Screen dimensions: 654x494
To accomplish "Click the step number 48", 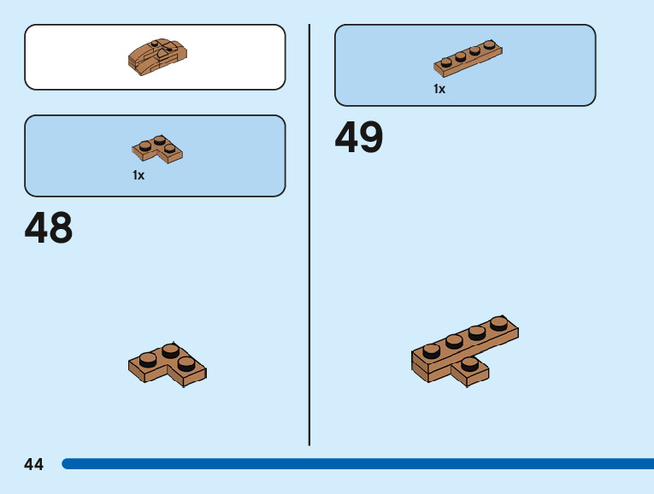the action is [49, 228].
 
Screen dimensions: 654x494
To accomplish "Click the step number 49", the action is [359, 137].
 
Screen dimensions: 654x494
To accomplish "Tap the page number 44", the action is [34, 464].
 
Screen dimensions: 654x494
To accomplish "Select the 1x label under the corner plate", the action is [138, 175].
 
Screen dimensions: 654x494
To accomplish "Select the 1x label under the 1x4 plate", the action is [439, 89].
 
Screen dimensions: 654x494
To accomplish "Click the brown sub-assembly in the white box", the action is [158, 56].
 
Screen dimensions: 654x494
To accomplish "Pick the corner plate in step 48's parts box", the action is [158, 149].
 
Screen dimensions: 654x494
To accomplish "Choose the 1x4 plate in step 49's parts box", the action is [468, 58].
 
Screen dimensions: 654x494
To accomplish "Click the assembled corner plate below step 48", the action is [168, 364].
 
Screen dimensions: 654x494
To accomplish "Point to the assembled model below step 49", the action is [464, 351].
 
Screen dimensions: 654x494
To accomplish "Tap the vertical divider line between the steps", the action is [309, 256].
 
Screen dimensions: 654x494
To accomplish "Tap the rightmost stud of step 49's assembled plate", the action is [499, 324].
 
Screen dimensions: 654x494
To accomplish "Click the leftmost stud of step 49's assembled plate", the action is [432, 350].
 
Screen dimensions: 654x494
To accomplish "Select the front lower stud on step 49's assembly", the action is [468, 364].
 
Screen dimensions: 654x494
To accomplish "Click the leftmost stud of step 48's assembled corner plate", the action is [148, 360].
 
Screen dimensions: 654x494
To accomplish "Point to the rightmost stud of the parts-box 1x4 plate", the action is [489, 45].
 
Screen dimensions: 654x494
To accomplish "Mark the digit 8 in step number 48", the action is [60, 228].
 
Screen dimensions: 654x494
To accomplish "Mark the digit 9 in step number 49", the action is [371, 137].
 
